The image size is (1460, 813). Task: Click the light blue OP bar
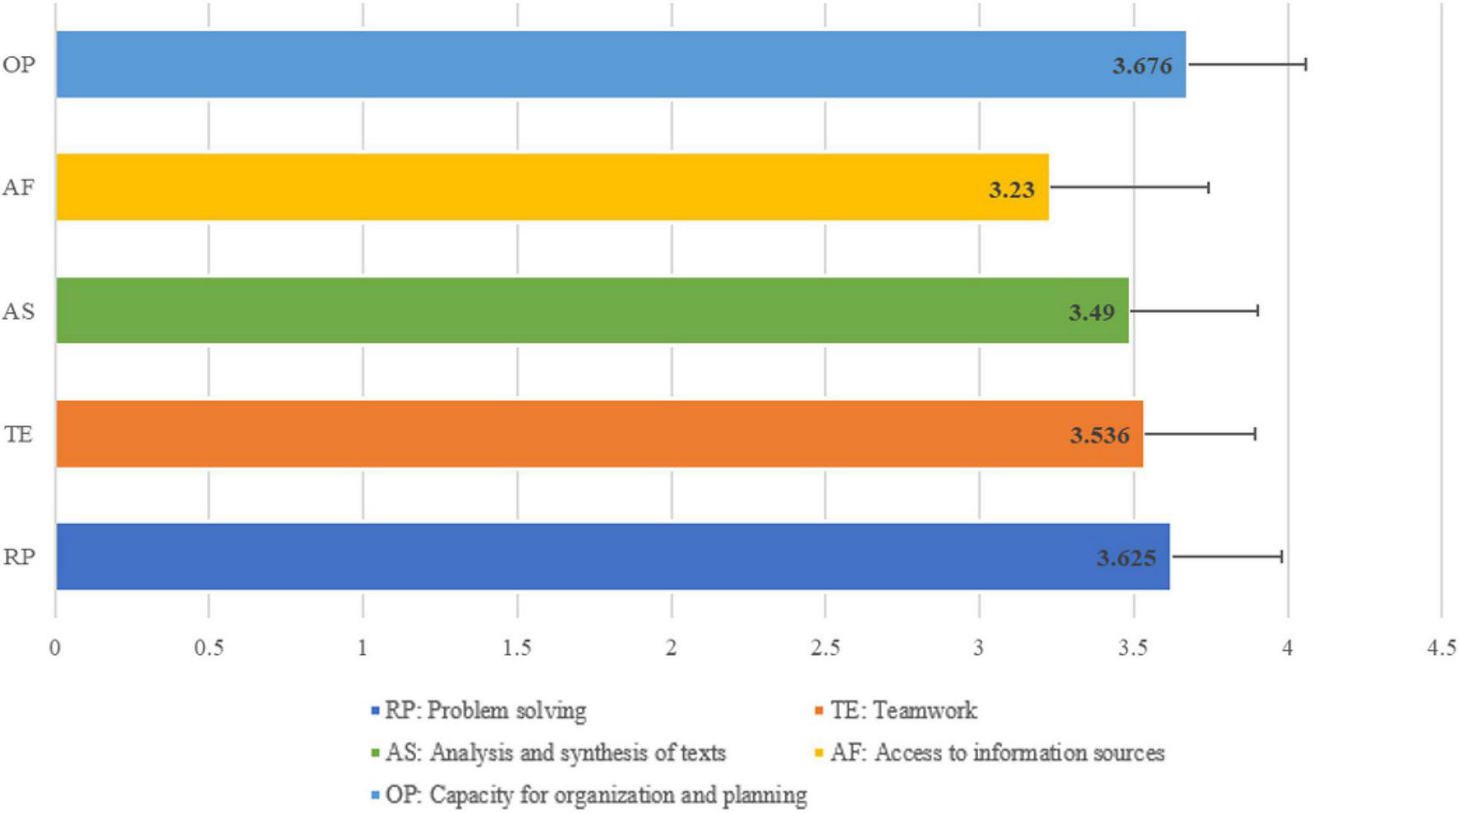pyautogui.click(x=577, y=64)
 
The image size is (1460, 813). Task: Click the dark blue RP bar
pyautogui.click(x=577, y=557)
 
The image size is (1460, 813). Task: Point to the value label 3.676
pyautogui.click(x=1142, y=66)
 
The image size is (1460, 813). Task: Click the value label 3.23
pyautogui.click(x=1011, y=189)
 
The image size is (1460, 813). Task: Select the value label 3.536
pyautogui.click(x=1099, y=435)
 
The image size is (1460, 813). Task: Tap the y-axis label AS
pyautogui.click(x=19, y=311)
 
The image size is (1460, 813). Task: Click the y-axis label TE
pyautogui.click(x=19, y=434)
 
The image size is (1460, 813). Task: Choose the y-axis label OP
pyautogui.click(x=19, y=64)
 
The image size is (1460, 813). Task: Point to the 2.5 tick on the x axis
pyautogui.click(x=825, y=648)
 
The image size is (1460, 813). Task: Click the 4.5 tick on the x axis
pyautogui.click(x=1441, y=648)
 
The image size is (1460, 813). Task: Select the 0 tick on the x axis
pyautogui.click(x=54, y=648)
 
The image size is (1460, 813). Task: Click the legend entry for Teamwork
pyautogui.click(x=902, y=710)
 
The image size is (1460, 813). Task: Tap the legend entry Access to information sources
pyautogui.click(x=996, y=753)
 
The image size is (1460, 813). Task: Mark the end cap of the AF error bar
pyautogui.click(x=1208, y=187)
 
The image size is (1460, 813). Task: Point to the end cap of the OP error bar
pyautogui.click(x=1305, y=64)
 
